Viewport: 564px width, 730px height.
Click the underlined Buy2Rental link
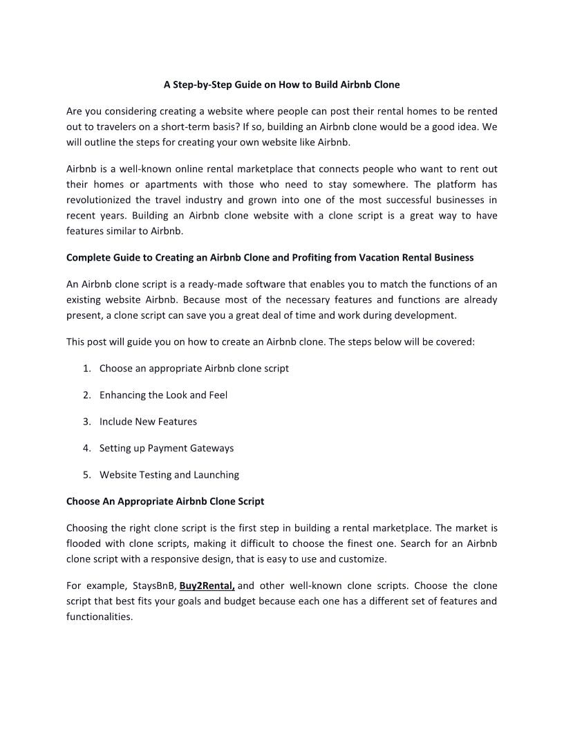pyautogui.click(x=207, y=586)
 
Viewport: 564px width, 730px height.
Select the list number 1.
pyautogui.click(x=86, y=368)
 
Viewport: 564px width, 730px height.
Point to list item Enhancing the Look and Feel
pyautogui.click(x=163, y=395)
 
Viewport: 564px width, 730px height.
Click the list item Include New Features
pyautogui.click(x=148, y=422)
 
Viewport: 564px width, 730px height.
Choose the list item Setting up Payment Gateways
pyautogui.click(x=166, y=448)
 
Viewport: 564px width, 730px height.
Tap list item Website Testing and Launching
pyautogui.click(x=169, y=475)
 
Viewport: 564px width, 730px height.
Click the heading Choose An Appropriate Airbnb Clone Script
pyautogui.click(x=165, y=501)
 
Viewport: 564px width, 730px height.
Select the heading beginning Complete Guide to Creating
pyautogui.click(x=270, y=258)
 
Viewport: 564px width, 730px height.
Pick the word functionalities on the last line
pyautogui.click(x=99, y=617)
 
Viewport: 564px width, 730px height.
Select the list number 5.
pyautogui.click(x=86, y=475)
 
